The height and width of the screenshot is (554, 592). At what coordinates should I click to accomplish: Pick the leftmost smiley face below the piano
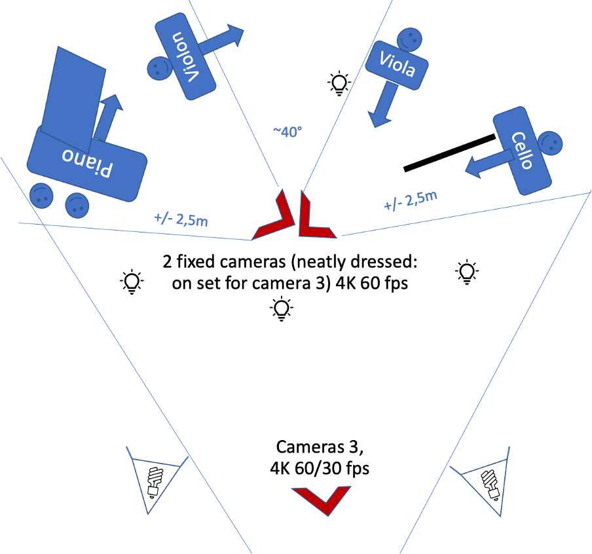coord(41,194)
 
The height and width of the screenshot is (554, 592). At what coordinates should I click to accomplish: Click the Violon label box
coord(185,58)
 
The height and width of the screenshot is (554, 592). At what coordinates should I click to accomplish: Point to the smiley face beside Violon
coord(158,68)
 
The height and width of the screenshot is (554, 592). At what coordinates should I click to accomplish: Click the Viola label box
coord(397,64)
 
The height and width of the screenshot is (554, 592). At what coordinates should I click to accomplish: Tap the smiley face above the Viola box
coord(408,39)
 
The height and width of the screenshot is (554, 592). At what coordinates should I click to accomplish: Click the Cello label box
coord(522,151)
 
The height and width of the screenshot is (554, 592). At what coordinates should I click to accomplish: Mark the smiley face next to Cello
coord(550,142)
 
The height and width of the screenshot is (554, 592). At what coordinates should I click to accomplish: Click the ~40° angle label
coord(287,132)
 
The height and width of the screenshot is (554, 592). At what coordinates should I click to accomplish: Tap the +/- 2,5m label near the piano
coord(181,219)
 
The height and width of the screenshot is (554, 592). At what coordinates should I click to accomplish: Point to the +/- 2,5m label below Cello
coord(411,200)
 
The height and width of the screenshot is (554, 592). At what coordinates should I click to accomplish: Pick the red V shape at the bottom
coord(322,500)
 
